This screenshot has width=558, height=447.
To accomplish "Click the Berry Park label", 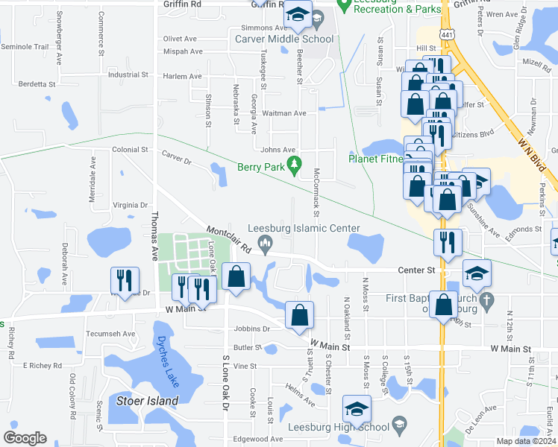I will pyautogui.click(x=261, y=168).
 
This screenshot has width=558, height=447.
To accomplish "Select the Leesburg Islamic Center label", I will pyautogui.click(x=304, y=229).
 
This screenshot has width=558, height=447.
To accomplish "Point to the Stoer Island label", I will pyautogui.click(x=148, y=401).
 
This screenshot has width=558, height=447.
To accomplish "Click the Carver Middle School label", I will pyautogui.click(x=284, y=39).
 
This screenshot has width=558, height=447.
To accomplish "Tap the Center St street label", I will pyautogui.click(x=416, y=270).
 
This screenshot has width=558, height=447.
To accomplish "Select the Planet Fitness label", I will pyautogui.click(x=377, y=158).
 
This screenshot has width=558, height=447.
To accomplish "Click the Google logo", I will pyautogui.click(x=25, y=437).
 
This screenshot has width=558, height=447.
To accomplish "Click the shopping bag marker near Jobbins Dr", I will pyautogui.click(x=299, y=314).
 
